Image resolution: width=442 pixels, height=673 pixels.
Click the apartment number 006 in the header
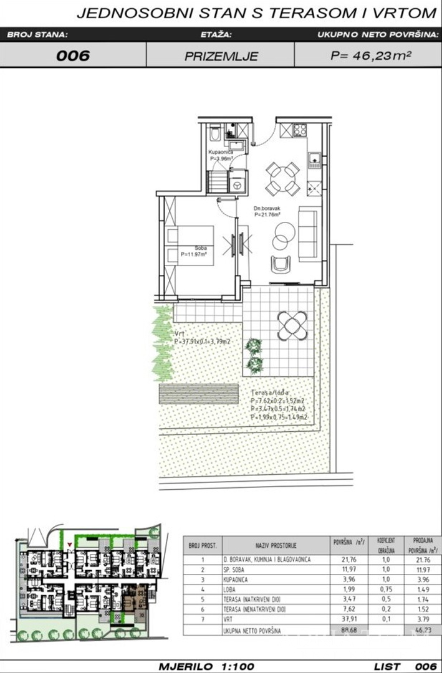pyautogui.click(x=73, y=55)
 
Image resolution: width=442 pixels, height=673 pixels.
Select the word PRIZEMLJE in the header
pyautogui.click(x=221, y=55)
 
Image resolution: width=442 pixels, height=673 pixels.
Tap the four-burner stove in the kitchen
pyautogui.click(x=300, y=130)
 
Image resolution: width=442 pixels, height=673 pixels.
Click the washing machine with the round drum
pyautogui.click(x=237, y=184)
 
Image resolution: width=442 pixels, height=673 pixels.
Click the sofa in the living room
pyautogui.click(x=308, y=233)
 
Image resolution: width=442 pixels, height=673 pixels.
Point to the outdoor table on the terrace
pyautogui.click(x=292, y=325)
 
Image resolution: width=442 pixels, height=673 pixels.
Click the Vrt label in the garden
pyautogui.click(x=179, y=334)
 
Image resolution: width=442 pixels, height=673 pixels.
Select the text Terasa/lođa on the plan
pyautogui.click(x=270, y=394)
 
